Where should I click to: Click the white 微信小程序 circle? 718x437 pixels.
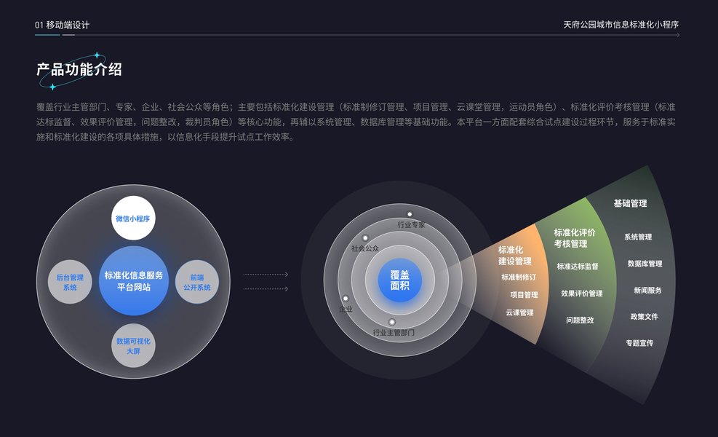coord(133,217)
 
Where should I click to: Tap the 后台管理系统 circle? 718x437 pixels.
coord(70,282)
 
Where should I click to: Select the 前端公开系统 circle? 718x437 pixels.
coord(197,282)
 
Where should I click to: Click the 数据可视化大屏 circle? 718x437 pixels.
coord(133,345)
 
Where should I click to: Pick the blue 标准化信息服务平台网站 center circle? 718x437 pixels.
coord(134,281)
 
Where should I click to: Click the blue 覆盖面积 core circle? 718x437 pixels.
coord(399,280)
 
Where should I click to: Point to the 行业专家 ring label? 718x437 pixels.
coord(411,225)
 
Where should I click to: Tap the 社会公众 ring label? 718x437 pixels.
coord(365,248)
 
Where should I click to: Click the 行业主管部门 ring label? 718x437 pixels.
coord(394,332)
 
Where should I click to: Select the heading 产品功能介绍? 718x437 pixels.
coord(79,69)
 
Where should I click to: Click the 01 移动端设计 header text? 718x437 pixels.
coord(63,25)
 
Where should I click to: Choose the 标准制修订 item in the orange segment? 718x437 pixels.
coord(519,277)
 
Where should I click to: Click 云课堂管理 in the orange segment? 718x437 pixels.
coord(519,312)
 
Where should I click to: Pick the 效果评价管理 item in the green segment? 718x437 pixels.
coord(581,294)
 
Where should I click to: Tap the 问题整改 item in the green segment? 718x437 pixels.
coord(580,320)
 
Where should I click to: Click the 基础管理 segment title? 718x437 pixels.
coord(630,204)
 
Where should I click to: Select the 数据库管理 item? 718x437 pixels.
coord(645,264)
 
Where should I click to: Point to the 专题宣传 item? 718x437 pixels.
coord(639,342)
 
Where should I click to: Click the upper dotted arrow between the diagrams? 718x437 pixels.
coord(266,275)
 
